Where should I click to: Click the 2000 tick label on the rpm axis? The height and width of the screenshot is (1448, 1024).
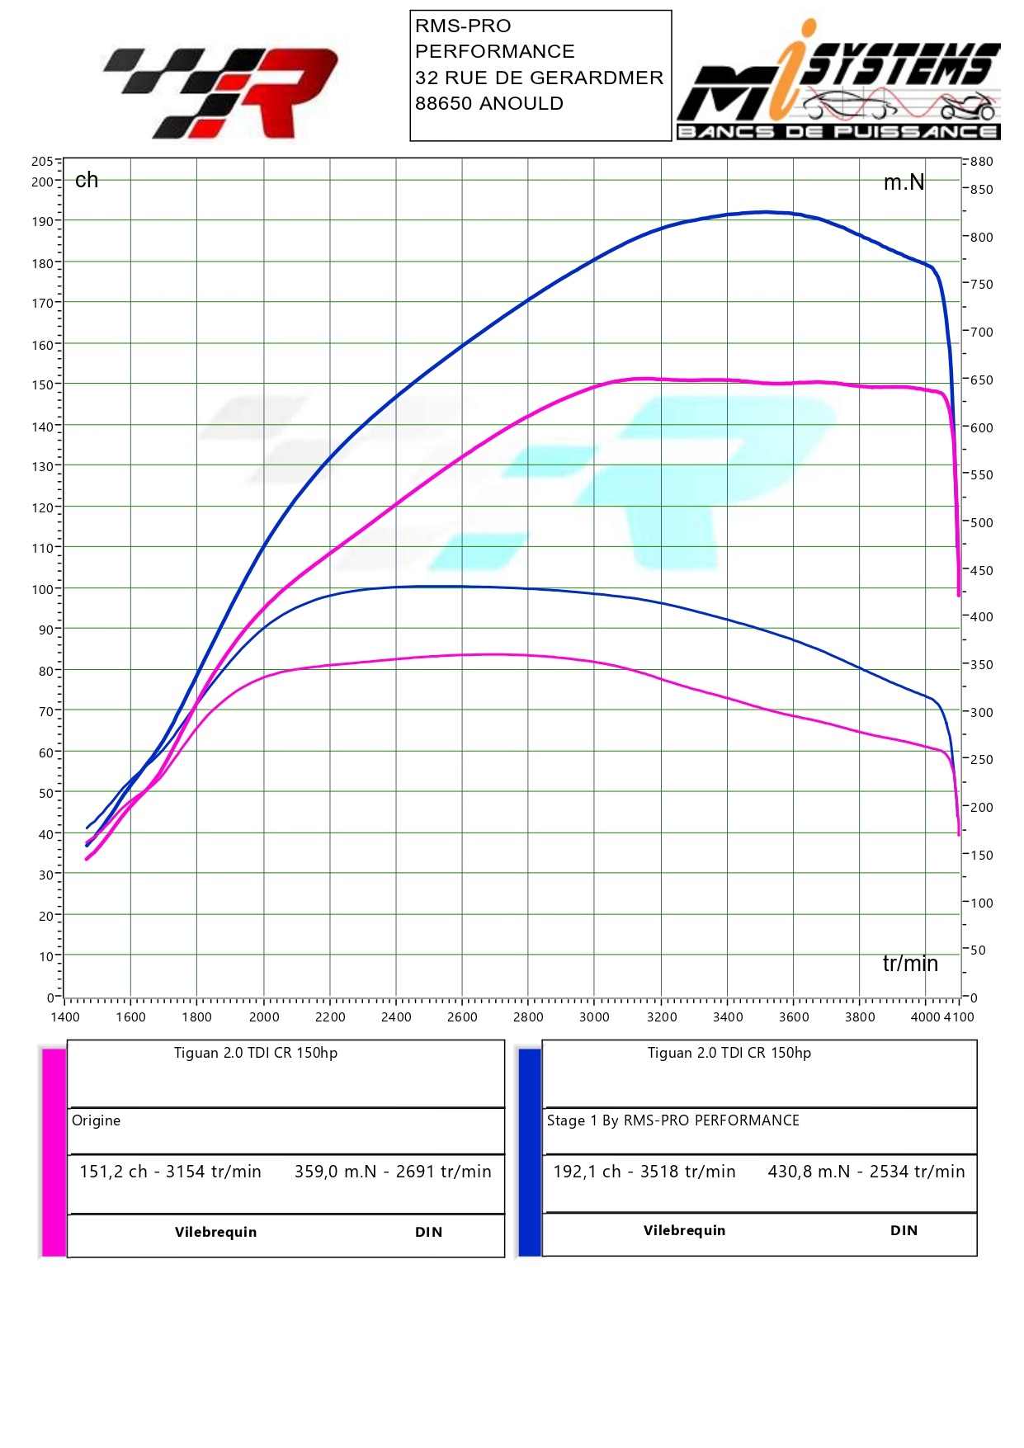coord(264,1016)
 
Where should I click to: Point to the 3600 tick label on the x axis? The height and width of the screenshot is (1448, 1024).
coord(794,1016)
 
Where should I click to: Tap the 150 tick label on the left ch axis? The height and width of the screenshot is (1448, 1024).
coord(42,384)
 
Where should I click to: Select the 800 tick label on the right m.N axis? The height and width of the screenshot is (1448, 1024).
coord(981,238)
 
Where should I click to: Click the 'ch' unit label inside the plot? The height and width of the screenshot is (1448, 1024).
coord(87,181)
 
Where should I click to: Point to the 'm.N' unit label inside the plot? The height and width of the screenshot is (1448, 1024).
coord(904,182)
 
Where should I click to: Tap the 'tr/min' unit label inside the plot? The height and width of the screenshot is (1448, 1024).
coord(910,964)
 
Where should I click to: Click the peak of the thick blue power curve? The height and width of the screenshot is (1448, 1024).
coord(766,212)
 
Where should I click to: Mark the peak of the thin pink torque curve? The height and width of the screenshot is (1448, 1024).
coord(493,654)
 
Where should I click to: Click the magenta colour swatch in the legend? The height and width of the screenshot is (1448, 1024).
coord(54,1152)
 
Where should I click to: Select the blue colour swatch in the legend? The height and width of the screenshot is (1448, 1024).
coord(530,1152)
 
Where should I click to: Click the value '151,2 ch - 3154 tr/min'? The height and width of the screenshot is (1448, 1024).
coord(170,1172)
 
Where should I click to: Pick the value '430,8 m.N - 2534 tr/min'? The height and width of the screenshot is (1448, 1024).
coord(866,1172)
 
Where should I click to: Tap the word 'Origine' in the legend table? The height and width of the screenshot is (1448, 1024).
coord(96,1120)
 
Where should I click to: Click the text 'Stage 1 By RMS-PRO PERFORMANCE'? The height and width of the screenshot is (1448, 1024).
coord(672,1120)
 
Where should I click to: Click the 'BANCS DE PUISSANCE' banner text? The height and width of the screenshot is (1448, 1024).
coord(838,132)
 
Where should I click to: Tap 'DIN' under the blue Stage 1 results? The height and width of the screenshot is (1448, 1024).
coord(904,1230)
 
